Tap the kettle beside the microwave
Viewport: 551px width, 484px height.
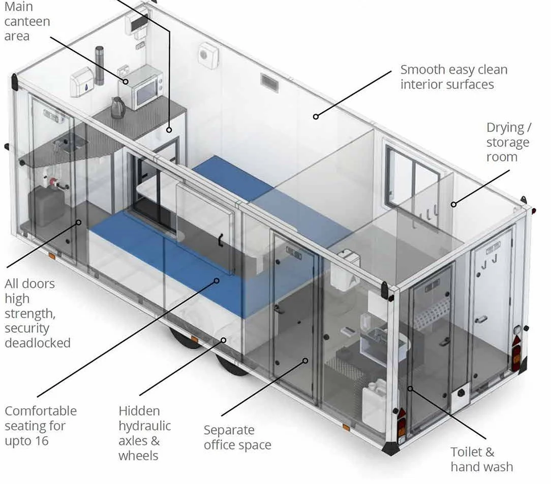point(117,107)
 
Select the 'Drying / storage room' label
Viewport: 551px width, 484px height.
point(507,142)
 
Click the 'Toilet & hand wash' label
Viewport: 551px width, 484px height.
point(481,459)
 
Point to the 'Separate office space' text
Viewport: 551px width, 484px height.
point(237,437)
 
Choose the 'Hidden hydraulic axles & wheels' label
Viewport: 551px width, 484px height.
point(144,433)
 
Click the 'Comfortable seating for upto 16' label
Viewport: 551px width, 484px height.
point(41,426)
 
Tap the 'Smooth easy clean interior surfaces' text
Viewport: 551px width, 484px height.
point(453,77)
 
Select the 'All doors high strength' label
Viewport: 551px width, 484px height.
point(37,313)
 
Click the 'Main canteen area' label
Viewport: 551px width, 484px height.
point(27,22)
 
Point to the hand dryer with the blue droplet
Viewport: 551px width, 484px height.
point(81,82)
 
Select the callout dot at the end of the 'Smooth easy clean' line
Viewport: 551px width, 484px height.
point(316,117)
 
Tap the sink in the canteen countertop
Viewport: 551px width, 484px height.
point(71,141)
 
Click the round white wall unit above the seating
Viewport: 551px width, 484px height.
point(208,55)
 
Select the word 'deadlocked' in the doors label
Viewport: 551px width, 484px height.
point(38,342)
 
